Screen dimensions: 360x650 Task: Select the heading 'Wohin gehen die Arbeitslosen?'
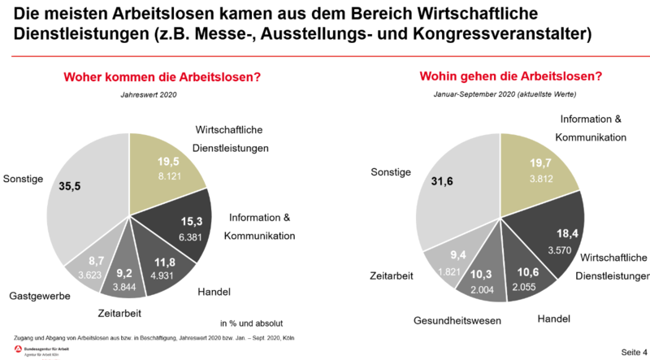[510, 77]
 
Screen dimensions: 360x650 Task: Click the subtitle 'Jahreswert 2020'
[143, 95]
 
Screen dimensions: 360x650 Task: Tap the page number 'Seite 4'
[633, 351]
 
